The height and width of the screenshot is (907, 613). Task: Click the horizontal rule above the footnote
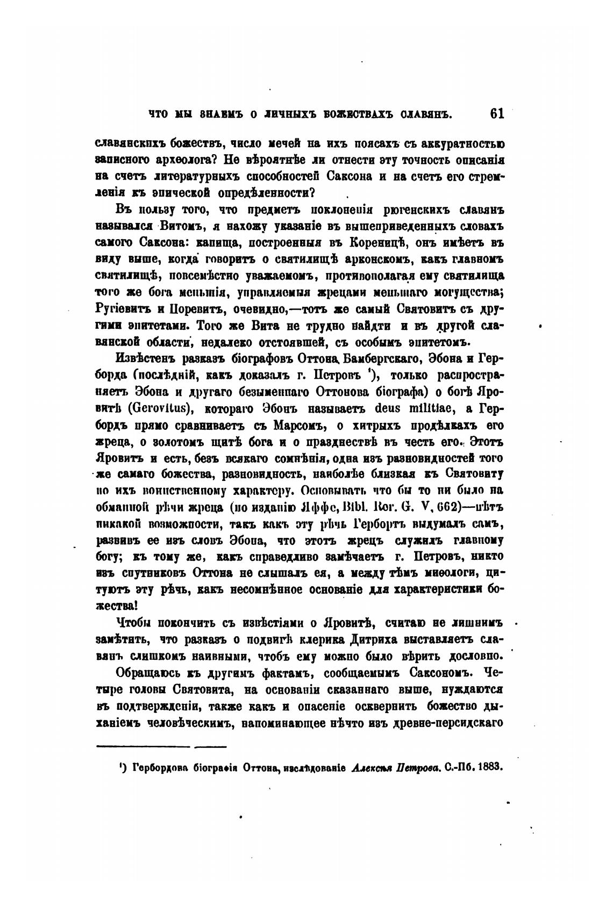pos(161,746)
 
